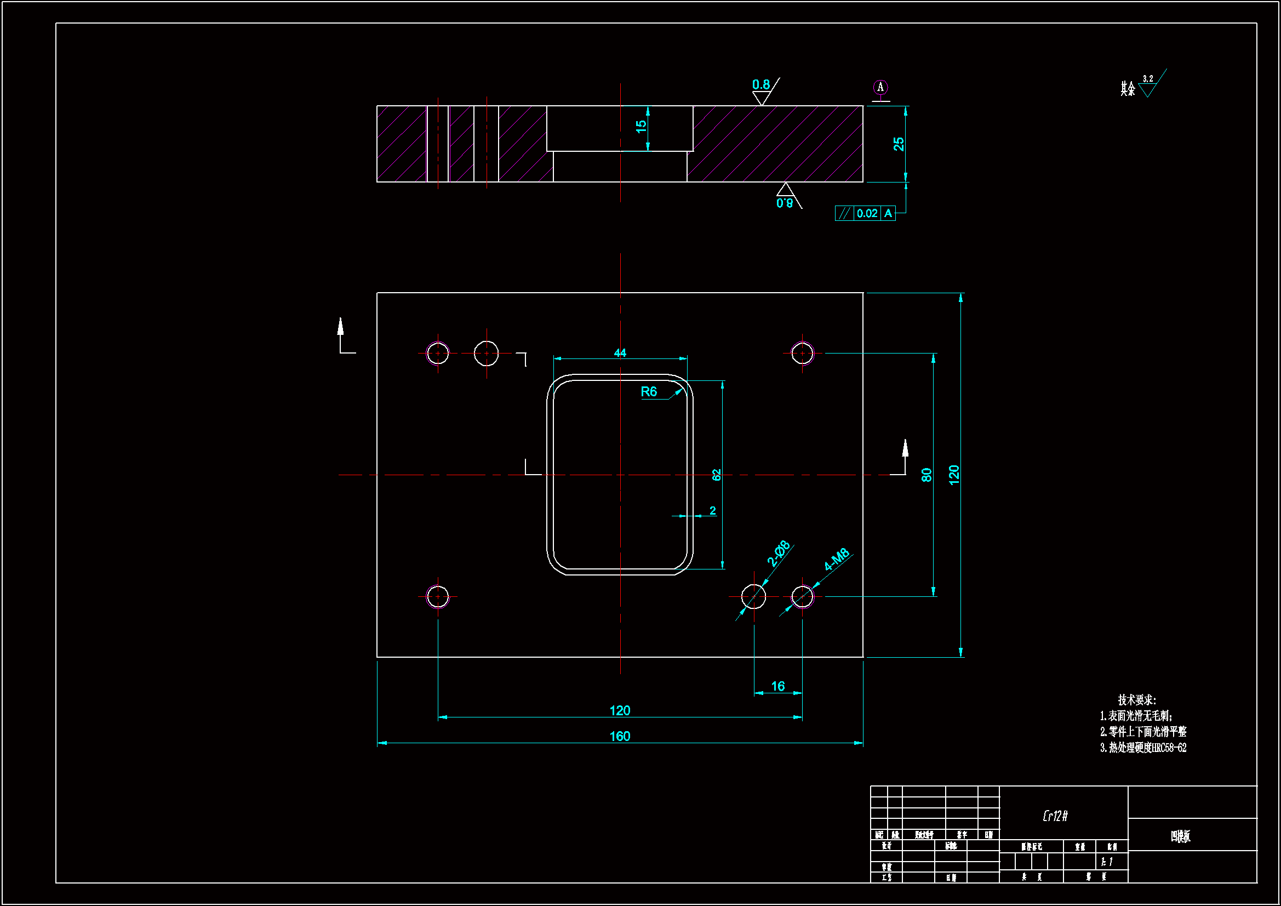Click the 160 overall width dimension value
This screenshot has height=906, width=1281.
click(620, 736)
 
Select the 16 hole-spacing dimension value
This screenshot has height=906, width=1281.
click(778, 686)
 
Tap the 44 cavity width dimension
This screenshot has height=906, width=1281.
click(620, 353)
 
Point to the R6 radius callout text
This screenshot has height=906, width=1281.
click(648, 392)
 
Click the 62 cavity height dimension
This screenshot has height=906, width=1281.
click(716, 475)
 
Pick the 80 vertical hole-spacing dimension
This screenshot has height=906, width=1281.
click(927, 475)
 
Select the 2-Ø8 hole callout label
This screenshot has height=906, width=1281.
click(779, 553)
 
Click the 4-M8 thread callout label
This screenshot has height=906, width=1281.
click(836, 559)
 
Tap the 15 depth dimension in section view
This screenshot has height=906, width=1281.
click(641, 126)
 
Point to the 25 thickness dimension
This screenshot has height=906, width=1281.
click(898, 144)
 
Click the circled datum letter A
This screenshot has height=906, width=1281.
click(880, 87)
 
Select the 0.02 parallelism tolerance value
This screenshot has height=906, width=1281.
click(867, 213)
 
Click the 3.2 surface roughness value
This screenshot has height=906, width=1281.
click(1148, 79)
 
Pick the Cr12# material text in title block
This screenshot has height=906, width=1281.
click(1055, 816)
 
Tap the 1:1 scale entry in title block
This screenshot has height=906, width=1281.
click(1107, 862)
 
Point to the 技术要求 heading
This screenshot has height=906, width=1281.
click(1136, 700)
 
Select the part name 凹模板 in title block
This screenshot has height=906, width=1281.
click(1181, 836)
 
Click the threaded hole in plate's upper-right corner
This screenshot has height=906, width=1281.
click(802, 354)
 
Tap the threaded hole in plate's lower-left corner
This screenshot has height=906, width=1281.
click(437, 597)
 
